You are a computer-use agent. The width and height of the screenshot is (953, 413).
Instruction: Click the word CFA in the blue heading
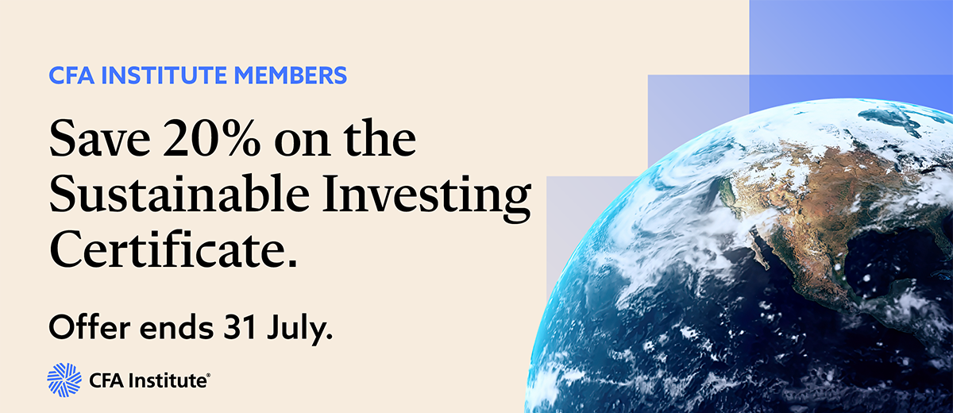71,75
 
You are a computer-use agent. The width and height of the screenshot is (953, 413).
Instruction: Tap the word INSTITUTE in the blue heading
164,75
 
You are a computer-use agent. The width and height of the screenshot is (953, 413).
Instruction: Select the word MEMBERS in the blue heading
291,75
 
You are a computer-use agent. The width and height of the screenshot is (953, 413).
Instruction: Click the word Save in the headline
99,139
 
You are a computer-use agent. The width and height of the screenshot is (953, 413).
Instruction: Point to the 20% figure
211,139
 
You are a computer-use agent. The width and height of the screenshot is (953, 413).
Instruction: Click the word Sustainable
179,194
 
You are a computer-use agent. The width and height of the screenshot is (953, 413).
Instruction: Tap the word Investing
426,198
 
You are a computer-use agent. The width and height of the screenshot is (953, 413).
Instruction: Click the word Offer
90,326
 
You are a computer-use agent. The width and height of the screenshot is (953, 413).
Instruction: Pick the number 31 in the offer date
241,327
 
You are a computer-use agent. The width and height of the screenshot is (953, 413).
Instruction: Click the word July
296,330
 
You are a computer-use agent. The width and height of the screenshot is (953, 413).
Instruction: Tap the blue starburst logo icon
64,380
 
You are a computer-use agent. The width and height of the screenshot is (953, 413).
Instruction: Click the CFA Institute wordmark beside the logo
147,380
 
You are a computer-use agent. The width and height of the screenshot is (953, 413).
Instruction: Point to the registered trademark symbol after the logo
208,375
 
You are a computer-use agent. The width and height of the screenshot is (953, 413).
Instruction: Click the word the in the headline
380,139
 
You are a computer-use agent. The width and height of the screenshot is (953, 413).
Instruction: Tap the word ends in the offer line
176,327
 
